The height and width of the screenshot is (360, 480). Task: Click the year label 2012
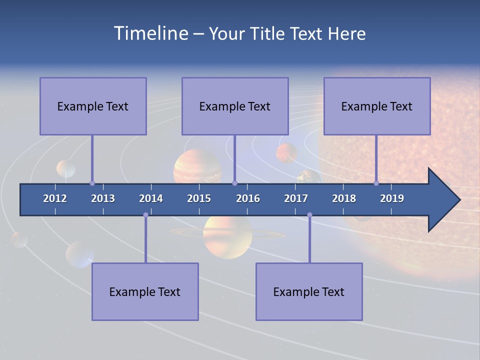pos(55,198)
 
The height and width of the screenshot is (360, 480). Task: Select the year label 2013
pos(103,198)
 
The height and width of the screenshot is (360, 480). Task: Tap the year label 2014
pos(151,198)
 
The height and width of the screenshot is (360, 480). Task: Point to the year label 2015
pos(199,198)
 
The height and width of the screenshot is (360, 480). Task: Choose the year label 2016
pos(248,198)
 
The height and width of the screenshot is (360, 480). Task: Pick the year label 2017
pos(296,198)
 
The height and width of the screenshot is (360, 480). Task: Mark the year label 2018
pos(344,198)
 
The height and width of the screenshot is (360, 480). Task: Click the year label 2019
pos(392,198)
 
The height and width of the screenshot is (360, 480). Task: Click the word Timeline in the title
pos(150,33)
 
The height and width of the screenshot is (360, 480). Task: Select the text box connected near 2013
pos(93,106)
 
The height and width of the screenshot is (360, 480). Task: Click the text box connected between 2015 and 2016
pos(235,106)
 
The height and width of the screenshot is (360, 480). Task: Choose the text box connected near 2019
pos(377,106)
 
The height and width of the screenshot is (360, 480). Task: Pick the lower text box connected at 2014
pos(145,291)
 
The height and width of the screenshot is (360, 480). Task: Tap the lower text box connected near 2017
pos(309,291)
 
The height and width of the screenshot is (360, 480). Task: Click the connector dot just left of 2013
pos(92,183)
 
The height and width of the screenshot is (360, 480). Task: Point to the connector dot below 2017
pos(309,215)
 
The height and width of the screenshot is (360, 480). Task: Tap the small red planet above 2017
pos(286,153)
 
